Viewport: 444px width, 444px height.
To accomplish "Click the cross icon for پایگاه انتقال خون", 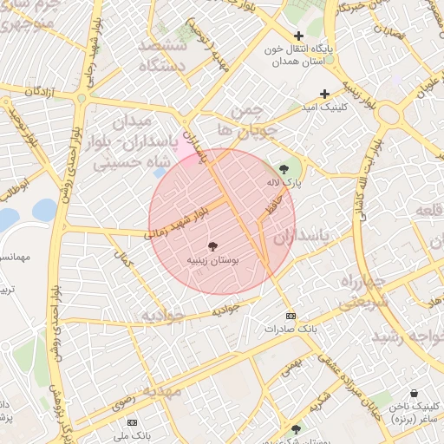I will (x=299, y=36).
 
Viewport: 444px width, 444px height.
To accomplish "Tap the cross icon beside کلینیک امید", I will (x=325, y=94).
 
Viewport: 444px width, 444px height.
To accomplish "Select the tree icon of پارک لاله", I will (x=284, y=169).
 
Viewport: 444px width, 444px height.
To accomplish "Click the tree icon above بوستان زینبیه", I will (x=213, y=246).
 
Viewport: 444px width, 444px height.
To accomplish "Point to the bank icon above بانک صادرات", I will (x=291, y=316).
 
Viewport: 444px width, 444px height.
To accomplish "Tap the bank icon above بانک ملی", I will (x=132, y=421).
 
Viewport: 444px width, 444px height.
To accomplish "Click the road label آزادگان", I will (x=46, y=91).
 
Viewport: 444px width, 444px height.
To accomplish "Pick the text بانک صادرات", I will (x=291, y=330).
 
